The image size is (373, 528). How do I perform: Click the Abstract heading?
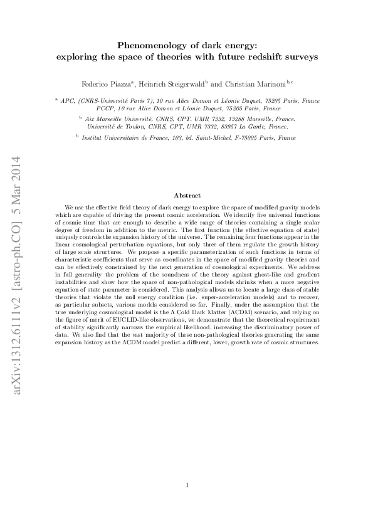coord(186,196)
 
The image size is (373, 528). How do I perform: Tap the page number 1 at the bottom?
coord(187,485)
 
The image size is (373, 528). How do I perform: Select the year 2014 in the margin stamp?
coord(17,167)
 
